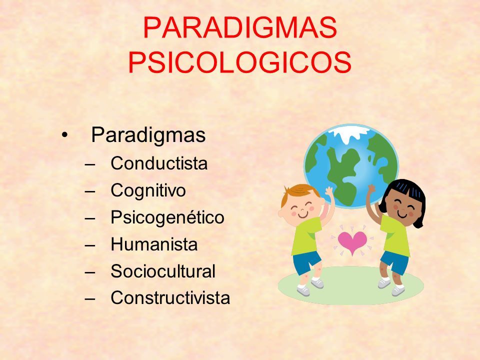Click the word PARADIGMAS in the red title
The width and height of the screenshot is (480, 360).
(240, 27)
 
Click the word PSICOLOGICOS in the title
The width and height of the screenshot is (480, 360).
(239, 62)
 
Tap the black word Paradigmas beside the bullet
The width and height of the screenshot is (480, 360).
(148, 135)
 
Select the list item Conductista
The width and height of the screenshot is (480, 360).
(159, 163)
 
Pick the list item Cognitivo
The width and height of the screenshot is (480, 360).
(148, 190)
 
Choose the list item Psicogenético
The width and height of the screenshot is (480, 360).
(167, 217)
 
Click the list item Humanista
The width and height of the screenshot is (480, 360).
(154, 244)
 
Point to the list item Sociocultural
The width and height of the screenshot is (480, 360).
(163, 271)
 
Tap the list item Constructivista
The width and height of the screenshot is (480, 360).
(170, 298)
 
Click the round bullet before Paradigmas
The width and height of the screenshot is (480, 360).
(64, 135)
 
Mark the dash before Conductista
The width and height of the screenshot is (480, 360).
(90, 164)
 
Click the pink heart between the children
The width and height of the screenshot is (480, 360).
(352, 242)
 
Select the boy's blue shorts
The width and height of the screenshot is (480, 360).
(306, 261)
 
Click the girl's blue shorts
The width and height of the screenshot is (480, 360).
(395, 262)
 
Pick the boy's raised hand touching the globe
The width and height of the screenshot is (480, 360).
(329, 192)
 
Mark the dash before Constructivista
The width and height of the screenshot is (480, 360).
(90, 299)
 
